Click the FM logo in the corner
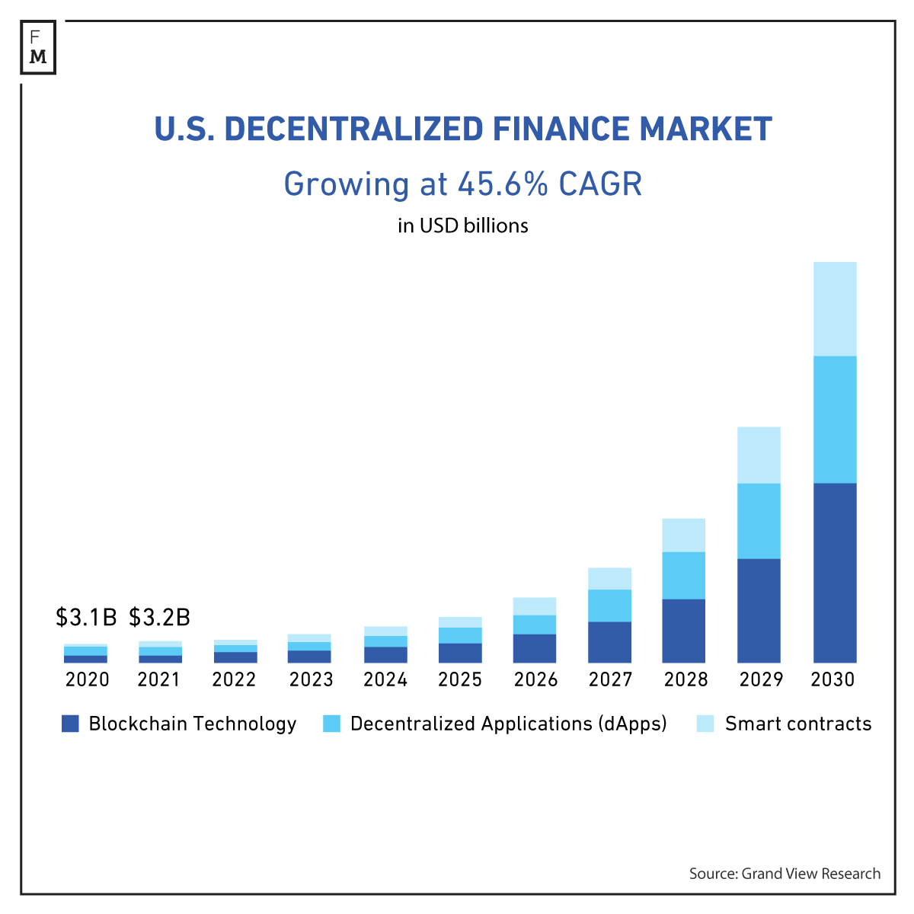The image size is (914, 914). [38, 47]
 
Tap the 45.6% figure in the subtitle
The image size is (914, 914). [503, 184]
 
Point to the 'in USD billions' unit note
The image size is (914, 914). [462, 226]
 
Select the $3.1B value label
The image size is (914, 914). [86, 617]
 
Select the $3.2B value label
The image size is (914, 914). [159, 617]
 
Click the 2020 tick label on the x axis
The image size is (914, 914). [87, 679]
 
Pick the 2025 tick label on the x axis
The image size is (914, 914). [460, 679]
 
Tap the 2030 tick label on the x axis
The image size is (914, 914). [833, 679]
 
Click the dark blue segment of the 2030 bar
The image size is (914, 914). [835, 573]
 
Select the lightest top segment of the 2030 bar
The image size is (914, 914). [835, 308]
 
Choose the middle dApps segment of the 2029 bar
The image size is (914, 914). [759, 521]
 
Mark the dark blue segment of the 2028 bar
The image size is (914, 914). [683, 631]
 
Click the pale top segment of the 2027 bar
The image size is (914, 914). [609, 578]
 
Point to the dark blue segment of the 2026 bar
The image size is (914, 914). [534, 648]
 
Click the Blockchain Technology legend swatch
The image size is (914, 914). [70, 724]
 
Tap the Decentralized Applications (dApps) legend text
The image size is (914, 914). [508, 724]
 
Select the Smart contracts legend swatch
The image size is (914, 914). [706, 724]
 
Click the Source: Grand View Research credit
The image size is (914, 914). [785, 874]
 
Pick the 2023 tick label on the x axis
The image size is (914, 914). [311, 679]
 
